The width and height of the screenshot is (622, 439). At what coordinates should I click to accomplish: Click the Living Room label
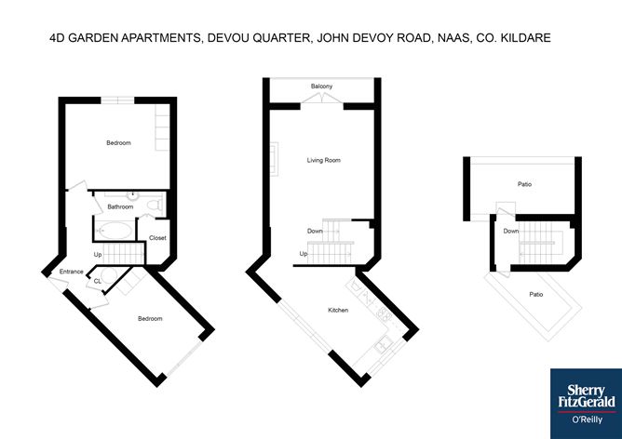point(324,160)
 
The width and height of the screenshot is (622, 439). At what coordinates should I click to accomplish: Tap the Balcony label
point(322,86)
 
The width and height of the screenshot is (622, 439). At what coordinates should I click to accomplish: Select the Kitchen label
point(338,310)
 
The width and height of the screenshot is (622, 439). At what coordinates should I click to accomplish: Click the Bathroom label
point(120,206)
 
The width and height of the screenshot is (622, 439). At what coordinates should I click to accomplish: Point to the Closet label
point(157,238)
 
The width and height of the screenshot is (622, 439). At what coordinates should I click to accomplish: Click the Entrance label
point(72,272)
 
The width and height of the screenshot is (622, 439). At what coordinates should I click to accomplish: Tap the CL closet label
point(98,281)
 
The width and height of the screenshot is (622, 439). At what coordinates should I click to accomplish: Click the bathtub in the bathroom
point(115,230)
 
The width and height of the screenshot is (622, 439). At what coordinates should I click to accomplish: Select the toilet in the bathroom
point(155,206)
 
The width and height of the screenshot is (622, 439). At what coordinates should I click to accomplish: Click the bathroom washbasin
point(133,195)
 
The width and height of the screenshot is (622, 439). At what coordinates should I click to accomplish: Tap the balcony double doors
point(322,99)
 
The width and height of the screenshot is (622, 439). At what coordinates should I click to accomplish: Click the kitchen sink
point(383,343)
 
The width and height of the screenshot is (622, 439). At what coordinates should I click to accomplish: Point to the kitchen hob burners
point(384,314)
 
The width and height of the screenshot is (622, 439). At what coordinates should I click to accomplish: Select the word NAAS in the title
point(453,38)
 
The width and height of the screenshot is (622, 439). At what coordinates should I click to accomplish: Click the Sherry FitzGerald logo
point(587,404)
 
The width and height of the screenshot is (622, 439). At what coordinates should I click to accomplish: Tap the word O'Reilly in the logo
point(587,419)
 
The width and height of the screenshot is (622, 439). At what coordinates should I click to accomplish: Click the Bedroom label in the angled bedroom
point(150,318)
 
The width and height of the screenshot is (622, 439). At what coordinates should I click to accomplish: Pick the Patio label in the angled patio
point(536,295)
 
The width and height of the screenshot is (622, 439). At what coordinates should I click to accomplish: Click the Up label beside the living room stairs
point(304,254)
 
